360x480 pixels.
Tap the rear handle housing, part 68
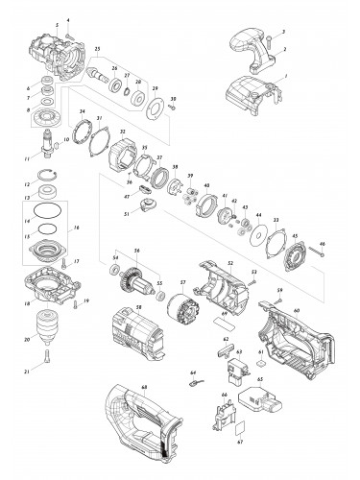(144, 421)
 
